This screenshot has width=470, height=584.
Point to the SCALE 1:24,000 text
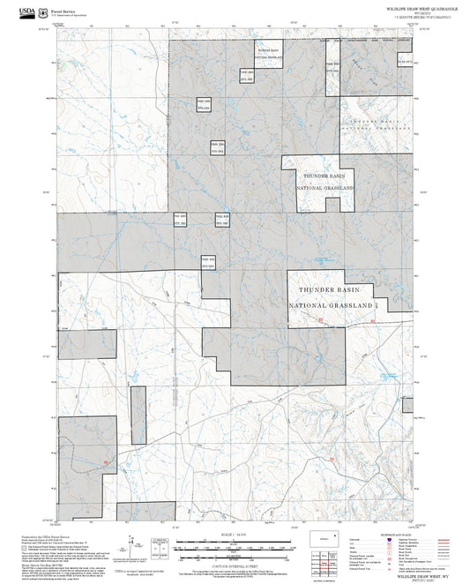[x=235, y=534]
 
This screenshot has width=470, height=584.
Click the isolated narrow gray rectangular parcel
[x=138, y=415]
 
